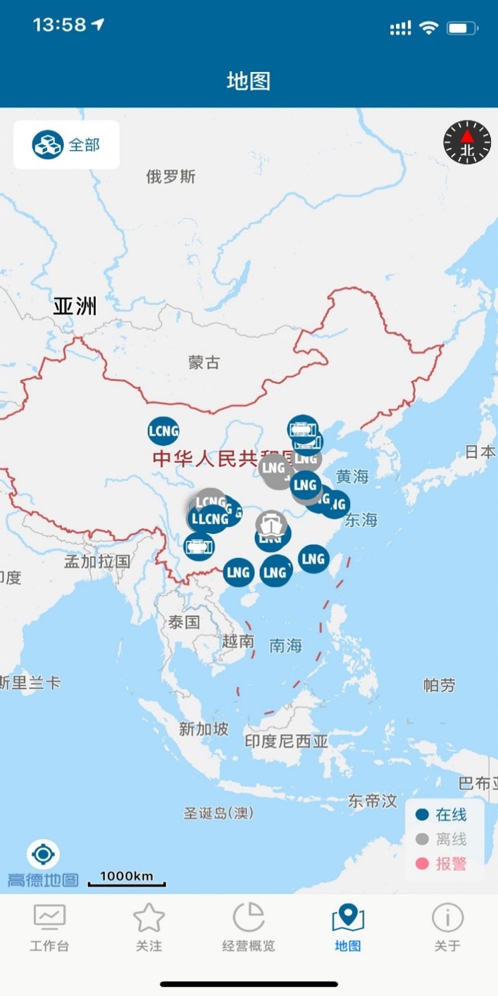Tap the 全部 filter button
pos(66,145)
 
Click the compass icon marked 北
pos(467,144)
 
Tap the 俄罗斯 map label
pos(170,177)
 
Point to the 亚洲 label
pos(75,307)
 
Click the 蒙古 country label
pos(204,363)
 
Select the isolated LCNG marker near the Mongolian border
pos(163,431)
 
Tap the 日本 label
pos(480,452)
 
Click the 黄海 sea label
pos(352,477)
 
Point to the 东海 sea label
pos(361,520)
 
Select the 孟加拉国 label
pos(97,561)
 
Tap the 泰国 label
pos(184,622)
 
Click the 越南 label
pos(237,641)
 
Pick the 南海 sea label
pos(285,645)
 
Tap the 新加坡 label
pos(204,729)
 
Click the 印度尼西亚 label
pos(286,741)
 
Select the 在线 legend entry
pos(442,815)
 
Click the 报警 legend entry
pos(442,864)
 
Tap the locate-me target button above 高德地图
pos(43,855)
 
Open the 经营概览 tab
pos(249,927)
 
